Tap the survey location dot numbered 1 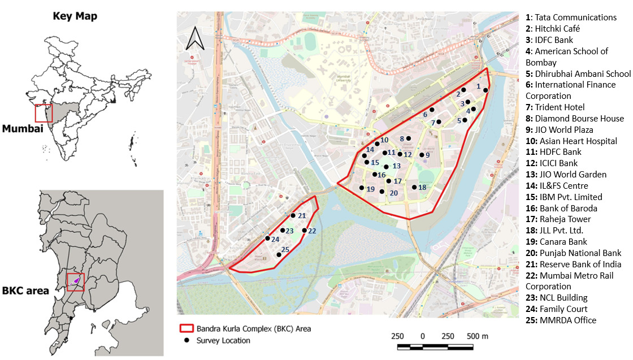pos(485,90)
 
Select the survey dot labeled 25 pos(279,255)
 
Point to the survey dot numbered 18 pos(414,187)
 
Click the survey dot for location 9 pos(421,155)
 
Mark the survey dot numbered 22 pos(305,230)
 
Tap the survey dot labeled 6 pos(432,110)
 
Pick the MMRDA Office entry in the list pos(561,320)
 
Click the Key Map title pos(75,16)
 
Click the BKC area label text pos(25,291)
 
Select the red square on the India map pos(44,113)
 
